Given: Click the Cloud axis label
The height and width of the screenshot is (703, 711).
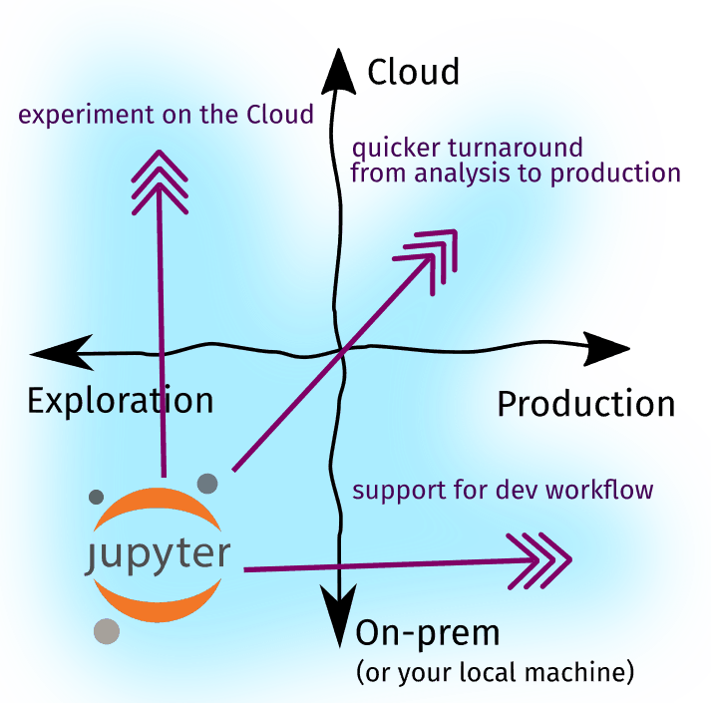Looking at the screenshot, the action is [x=413, y=72].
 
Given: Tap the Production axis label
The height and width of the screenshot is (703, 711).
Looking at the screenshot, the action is [x=585, y=404].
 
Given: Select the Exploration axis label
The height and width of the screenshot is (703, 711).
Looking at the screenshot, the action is [x=121, y=400].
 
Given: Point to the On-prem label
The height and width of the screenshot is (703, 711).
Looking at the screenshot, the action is [x=427, y=634].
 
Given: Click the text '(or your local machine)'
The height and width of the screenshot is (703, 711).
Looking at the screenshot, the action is [x=495, y=672].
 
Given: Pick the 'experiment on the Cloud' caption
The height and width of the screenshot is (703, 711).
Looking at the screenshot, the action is [x=166, y=115].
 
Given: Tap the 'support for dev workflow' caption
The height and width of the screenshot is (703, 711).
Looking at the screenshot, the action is [x=503, y=490].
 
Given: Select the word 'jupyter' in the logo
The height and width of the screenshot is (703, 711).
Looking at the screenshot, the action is [x=158, y=555].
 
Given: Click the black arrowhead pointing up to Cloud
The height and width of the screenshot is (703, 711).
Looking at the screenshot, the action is [x=338, y=73].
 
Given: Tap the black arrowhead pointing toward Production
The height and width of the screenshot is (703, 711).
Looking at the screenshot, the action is [x=606, y=349].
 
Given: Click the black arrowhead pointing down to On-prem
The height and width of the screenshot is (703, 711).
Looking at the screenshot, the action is [x=339, y=612].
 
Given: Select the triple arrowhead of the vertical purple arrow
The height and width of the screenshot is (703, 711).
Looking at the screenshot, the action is [x=160, y=182].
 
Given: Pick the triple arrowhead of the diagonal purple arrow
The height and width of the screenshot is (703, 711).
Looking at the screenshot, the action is [x=429, y=259].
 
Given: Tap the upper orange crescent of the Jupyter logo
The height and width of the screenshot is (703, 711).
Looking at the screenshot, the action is [x=157, y=505].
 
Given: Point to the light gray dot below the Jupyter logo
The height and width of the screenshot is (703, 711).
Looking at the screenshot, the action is [x=107, y=631].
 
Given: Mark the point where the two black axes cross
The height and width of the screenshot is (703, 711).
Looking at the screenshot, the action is [x=341, y=350].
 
